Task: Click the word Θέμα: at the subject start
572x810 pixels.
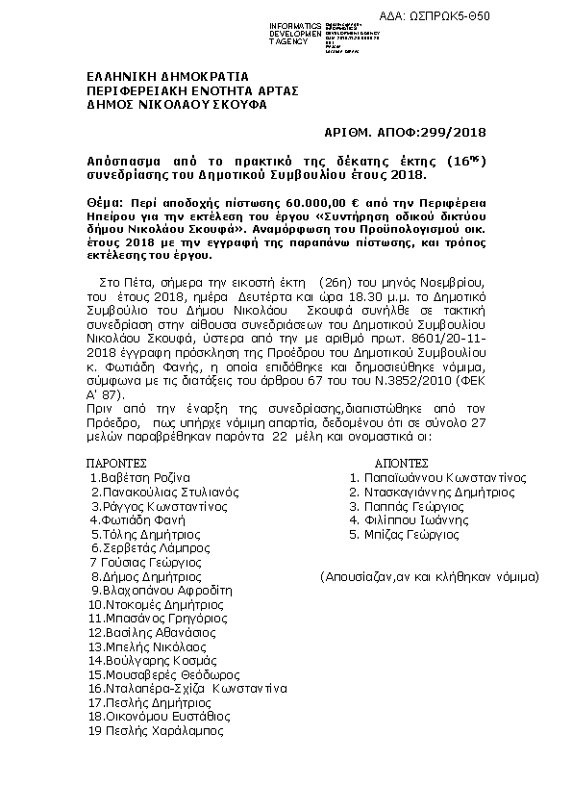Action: click(x=105, y=205)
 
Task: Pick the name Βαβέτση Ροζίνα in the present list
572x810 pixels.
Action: click(x=140, y=477)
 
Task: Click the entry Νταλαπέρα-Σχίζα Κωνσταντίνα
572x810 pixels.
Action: click(x=187, y=689)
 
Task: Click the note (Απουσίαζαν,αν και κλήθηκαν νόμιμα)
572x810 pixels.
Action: click(x=430, y=576)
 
